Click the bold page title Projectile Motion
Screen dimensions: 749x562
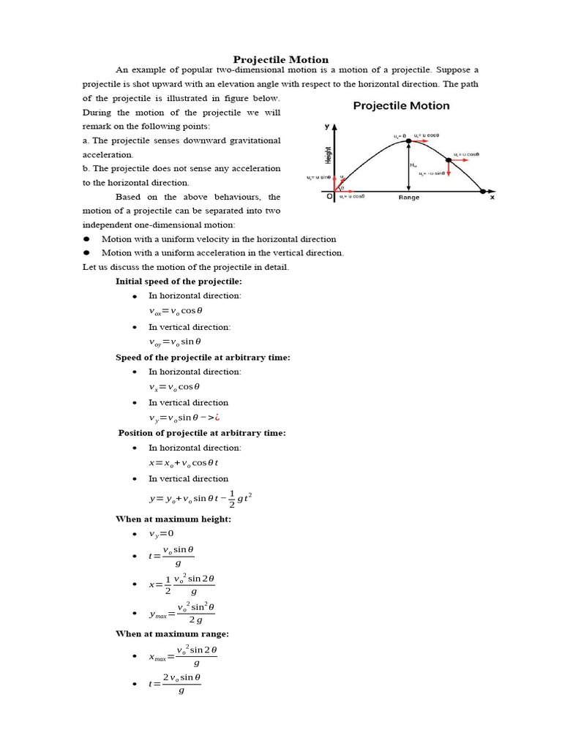pyautogui.click(x=281, y=59)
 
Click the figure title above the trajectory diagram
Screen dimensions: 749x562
pyautogui.click(x=401, y=105)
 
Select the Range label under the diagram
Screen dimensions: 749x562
pyautogui.click(x=409, y=197)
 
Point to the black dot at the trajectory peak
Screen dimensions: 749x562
pyautogui.click(x=409, y=140)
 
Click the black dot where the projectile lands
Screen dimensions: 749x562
pyautogui.click(x=483, y=192)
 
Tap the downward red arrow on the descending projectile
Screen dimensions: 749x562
pyautogui.click(x=448, y=170)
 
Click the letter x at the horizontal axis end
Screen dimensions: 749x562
pyautogui.click(x=492, y=197)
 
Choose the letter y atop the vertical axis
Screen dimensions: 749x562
pyautogui.click(x=327, y=127)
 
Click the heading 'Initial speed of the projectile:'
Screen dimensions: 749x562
pyautogui.click(x=179, y=281)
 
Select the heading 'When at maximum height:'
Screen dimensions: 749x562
pyautogui.click(x=173, y=519)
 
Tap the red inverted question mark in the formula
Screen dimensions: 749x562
pyautogui.click(x=217, y=418)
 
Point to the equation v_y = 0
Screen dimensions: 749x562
pyautogui.click(x=162, y=533)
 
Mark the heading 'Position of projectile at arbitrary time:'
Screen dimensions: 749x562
pyautogui.click(x=202, y=433)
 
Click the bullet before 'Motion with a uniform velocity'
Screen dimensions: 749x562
pyautogui.click(x=86, y=239)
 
